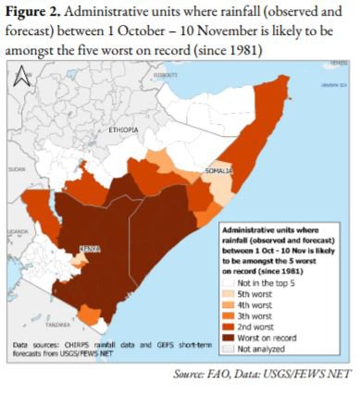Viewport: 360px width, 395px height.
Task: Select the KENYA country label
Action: (x=90, y=249)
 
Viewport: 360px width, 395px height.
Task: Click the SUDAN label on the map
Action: (x=18, y=170)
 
